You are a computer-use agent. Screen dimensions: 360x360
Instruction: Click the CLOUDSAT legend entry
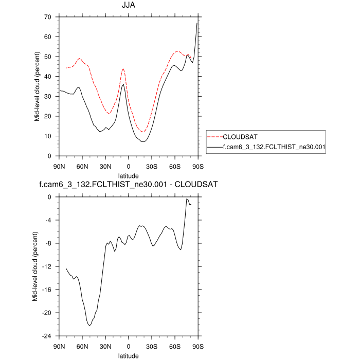[x=239, y=137]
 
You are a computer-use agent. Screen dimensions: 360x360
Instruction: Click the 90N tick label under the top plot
[x=59, y=166]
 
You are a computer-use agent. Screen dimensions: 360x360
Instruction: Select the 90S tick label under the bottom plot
[x=198, y=346]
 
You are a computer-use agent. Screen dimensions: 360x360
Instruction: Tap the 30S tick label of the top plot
[x=152, y=166]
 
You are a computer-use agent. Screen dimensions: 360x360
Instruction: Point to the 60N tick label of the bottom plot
[x=82, y=346]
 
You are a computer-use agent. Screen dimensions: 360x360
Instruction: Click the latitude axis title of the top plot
[x=129, y=176]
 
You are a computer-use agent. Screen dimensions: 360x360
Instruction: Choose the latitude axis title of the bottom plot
[x=129, y=355]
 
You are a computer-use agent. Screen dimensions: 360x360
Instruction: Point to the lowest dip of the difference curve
[x=89, y=326]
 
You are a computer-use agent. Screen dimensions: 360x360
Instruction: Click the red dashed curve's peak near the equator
[x=123, y=68]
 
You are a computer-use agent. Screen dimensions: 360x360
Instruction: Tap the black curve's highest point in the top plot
[x=197, y=23]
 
